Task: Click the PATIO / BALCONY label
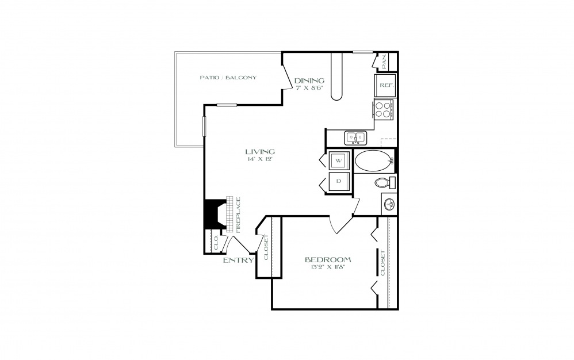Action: pyautogui.click(x=228, y=78)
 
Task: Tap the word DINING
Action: pyautogui.click(x=309, y=81)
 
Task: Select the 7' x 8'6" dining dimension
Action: pyautogui.click(x=309, y=88)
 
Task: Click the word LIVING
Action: pyautogui.click(x=260, y=151)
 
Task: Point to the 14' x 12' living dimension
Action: pyautogui.click(x=260, y=159)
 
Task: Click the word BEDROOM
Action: pyautogui.click(x=328, y=260)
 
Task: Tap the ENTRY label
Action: pyautogui.click(x=238, y=261)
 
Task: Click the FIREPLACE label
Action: pyautogui.click(x=239, y=215)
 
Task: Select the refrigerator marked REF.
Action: pyautogui.click(x=385, y=85)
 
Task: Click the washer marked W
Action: pyautogui.click(x=339, y=160)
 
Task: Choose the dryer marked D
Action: pyautogui.click(x=339, y=182)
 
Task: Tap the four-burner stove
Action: pyautogui.click(x=383, y=109)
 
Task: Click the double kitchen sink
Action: pyautogui.click(x=355, y=137)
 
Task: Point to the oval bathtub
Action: pyautogui.click(x=374, y=160)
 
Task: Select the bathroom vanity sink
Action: pyautogui.click(x=389, y=204)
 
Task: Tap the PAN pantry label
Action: pyautogui.click(x=384, y=62)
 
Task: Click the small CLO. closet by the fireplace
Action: pyautogui.click(x=216, y=242)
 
